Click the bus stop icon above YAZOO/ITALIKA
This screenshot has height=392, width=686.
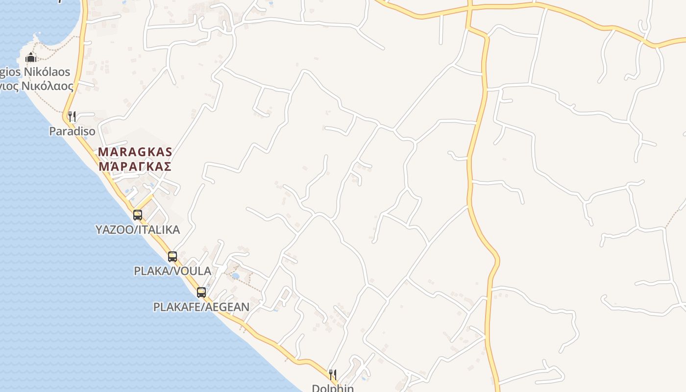pos(138,215)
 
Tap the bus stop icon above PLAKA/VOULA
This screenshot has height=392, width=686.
pos(172,256)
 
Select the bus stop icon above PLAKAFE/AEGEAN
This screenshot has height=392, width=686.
pos(201,293)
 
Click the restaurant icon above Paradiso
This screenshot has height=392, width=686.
pos(72,117)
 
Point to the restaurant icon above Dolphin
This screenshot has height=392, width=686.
pos(333,375)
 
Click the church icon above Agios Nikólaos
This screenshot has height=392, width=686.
pos(31,57)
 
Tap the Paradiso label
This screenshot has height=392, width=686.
pos(72,131)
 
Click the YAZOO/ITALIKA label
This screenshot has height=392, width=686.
pos(138,229)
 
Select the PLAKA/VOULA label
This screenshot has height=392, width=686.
pos(172,271)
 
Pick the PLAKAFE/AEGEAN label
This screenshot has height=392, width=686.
pos(201,307)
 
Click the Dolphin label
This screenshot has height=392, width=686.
pos(333,388)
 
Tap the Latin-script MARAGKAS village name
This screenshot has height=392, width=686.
pos(135,152)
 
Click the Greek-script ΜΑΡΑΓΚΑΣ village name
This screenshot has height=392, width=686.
pos(135,167)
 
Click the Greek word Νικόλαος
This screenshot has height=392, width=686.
pos(48,87)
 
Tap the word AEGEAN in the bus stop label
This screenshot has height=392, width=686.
pos(227,307)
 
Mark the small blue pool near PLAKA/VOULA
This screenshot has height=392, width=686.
pos(236,276)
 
